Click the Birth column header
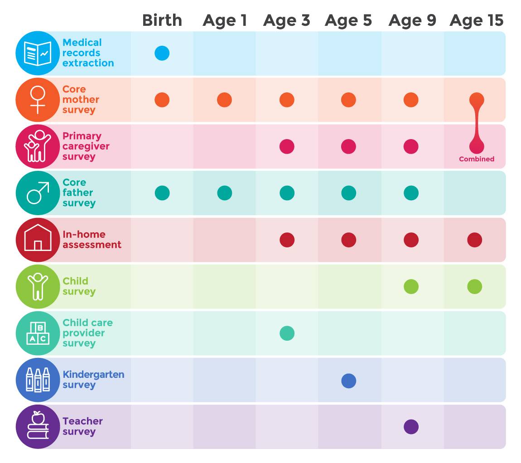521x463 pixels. (x=162, y=20)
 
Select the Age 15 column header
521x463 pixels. (x=476, y=20)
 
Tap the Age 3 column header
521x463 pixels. (x=286, y=20)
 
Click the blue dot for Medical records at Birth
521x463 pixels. (x=162, y=53)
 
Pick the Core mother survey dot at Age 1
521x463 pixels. (x=224, y=100)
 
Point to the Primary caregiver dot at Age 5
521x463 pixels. (x=348, y=146)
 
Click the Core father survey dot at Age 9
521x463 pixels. (x=411, y=193)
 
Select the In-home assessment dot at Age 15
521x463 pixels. (x=474, y=240)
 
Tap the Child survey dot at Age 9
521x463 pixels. (x=411, y=286)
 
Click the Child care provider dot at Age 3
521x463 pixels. (x=287, y=333)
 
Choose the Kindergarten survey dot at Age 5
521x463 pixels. (x=348, y=381)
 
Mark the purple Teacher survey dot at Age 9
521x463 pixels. (x=411, y=427)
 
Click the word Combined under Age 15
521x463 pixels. (x=476, y=159)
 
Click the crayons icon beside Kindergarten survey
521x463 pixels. (x=38, y=380)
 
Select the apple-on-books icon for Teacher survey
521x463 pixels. (x=38, y=426)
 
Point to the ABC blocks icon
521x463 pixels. (x=38, y=333)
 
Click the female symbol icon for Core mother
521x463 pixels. (x=38, y=100)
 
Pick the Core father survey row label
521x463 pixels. (x=79, y=193)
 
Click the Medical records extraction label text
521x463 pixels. (x=88, y=53)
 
